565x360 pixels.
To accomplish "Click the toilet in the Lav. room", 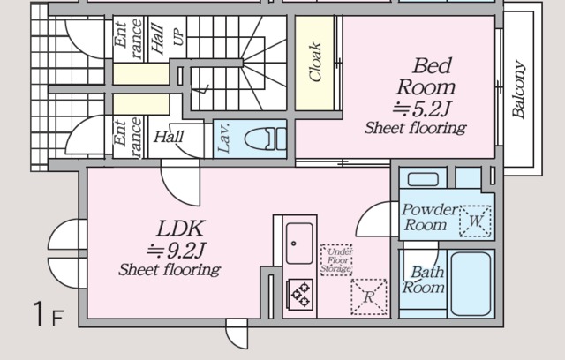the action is click(266, 139).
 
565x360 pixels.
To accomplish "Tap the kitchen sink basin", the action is click(299, 244).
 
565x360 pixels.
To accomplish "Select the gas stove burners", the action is click(300, 294).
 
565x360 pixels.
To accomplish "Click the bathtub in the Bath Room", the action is click(471, 283).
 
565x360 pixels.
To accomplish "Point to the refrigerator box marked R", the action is click(369, 297).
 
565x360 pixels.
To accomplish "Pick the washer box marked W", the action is click(475, 221).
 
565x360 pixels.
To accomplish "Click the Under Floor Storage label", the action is click(336, 260).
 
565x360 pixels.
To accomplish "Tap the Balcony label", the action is click(518, 89).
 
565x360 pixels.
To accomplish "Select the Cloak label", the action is click(315, 62).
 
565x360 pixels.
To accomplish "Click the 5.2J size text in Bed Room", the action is click(422, 109).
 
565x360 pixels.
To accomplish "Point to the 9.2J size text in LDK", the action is click(177, 251).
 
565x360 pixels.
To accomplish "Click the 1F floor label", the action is click(48, 313).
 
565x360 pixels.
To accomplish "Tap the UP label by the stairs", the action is click(178, 36).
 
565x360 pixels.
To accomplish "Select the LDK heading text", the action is click(181, 229).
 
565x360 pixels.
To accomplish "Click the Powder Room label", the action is click(430, 217).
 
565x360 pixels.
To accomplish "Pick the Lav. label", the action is click(223, 139).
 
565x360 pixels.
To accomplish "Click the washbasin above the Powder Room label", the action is click(422, 179).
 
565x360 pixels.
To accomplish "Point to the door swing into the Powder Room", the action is click(377, 219).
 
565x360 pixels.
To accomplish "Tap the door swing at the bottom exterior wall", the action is click(237, 334).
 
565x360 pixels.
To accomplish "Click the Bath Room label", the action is click(424, 280).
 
